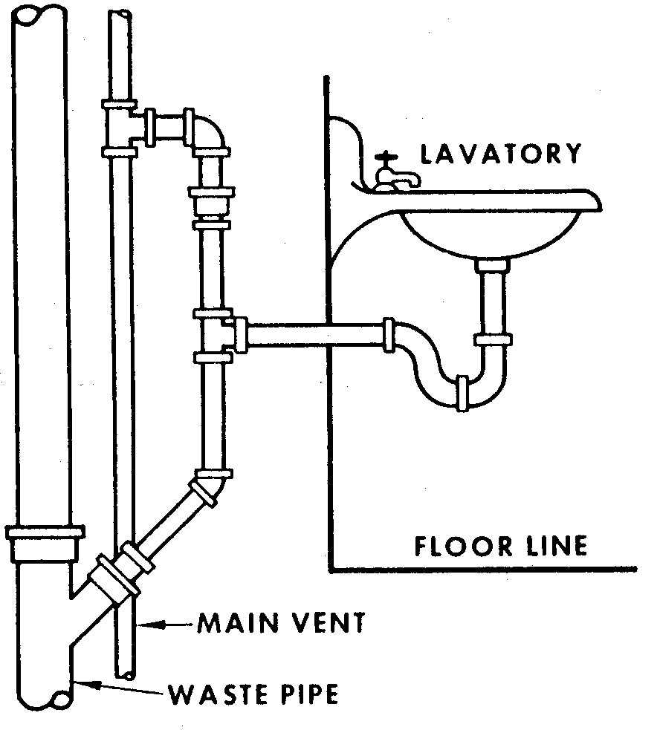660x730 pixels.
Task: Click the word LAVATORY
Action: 500,154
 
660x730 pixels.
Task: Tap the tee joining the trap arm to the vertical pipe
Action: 216,335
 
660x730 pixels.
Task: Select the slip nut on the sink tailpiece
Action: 492,340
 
